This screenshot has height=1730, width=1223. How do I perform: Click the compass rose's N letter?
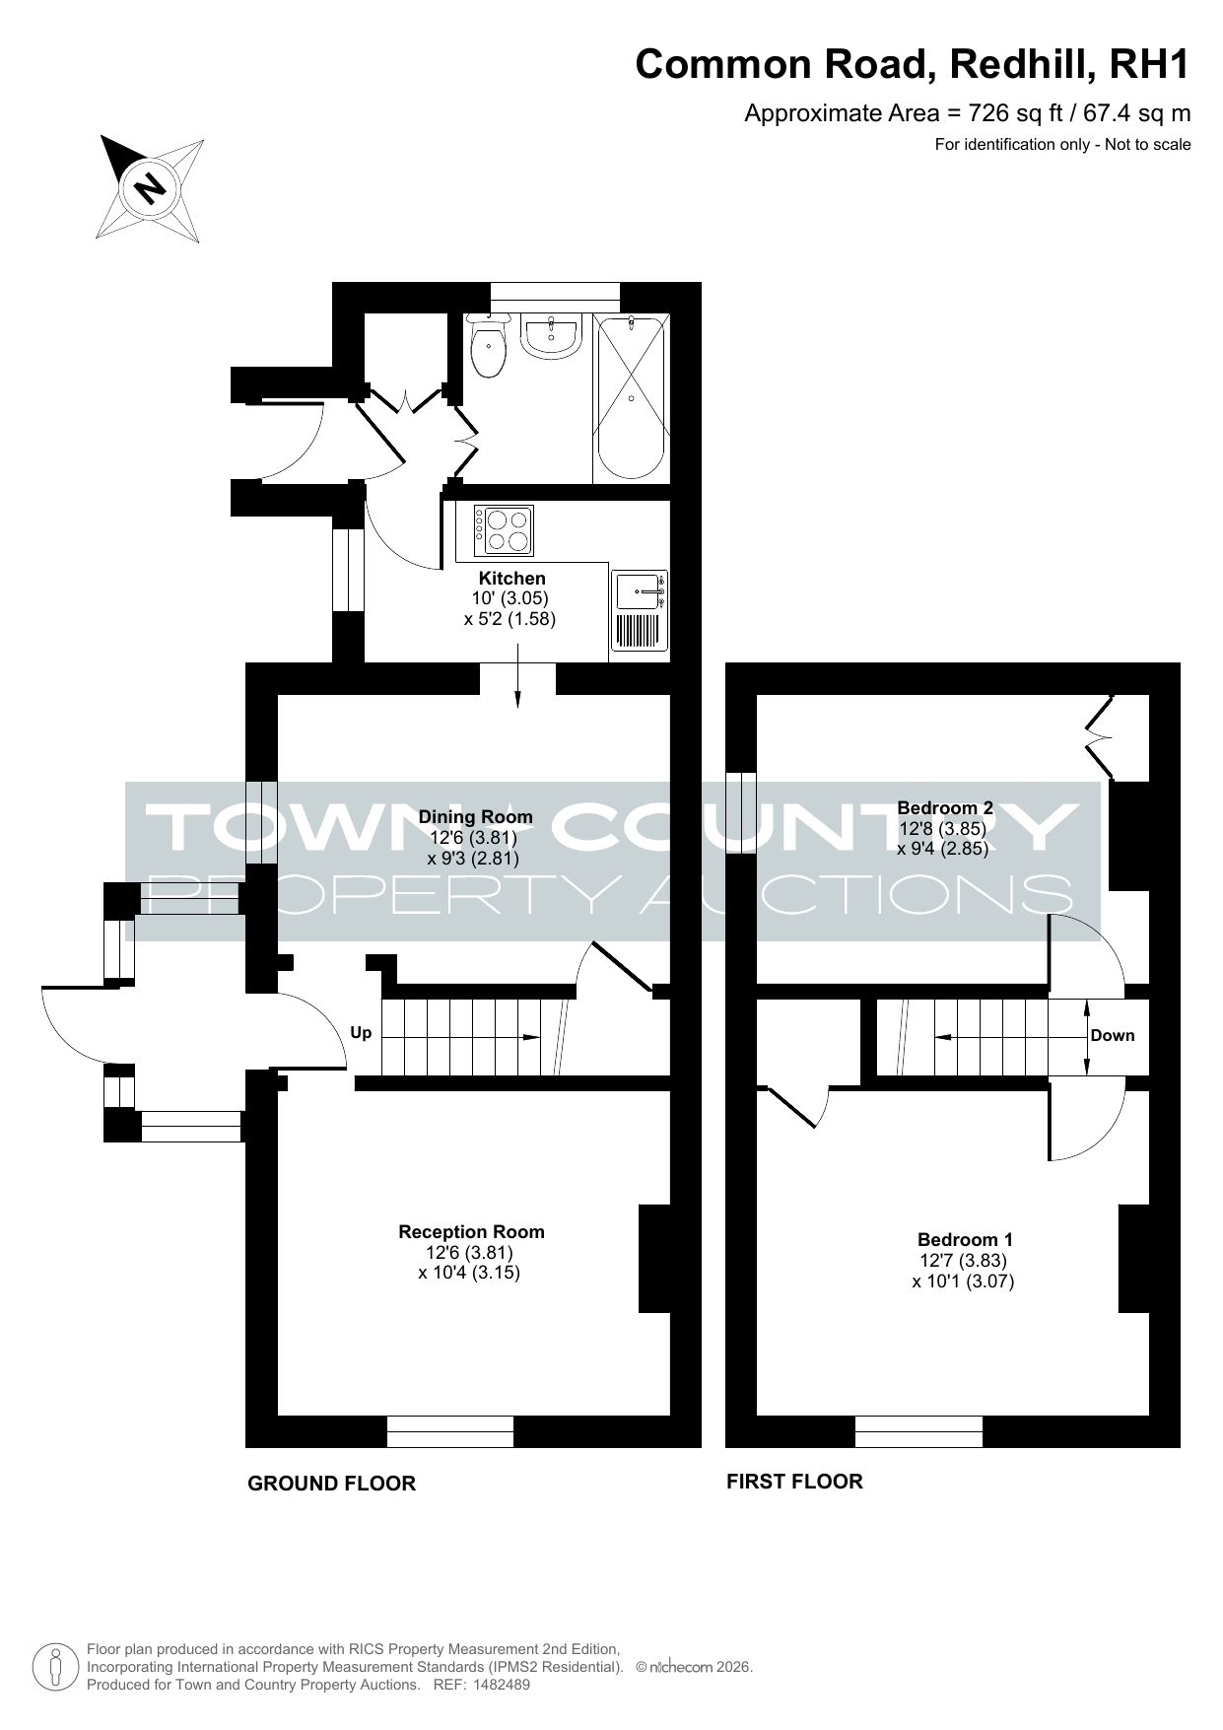tap(150, 186)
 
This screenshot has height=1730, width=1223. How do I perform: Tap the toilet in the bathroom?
tap(488, 346)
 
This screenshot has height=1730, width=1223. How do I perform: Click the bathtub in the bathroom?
tap(631, 397)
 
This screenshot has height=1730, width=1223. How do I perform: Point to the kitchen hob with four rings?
tap(504, 530)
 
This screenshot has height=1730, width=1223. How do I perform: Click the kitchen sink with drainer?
tap(640, 610)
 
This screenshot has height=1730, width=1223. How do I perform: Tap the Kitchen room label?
tap(511, 579)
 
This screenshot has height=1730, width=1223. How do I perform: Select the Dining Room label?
tap(475, 817)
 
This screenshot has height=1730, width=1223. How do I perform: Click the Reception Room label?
tap(471, 1231)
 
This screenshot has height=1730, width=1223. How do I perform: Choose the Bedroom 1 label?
tap(965, 1239)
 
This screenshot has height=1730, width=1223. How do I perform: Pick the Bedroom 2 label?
tap(944, 807)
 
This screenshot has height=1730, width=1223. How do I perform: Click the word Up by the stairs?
tap(362, 1033)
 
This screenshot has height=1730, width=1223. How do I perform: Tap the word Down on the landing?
tap(1113, 1035)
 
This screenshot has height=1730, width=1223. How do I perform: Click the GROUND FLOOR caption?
tap(331, 1484)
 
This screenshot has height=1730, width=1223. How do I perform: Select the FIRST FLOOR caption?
tap(794, 1481)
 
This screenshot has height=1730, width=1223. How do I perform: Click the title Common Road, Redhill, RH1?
tap(913, 64)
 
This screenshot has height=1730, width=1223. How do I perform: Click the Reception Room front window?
tap(450, 1431)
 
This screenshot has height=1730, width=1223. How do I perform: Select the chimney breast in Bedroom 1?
tap(1133, 1259)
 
